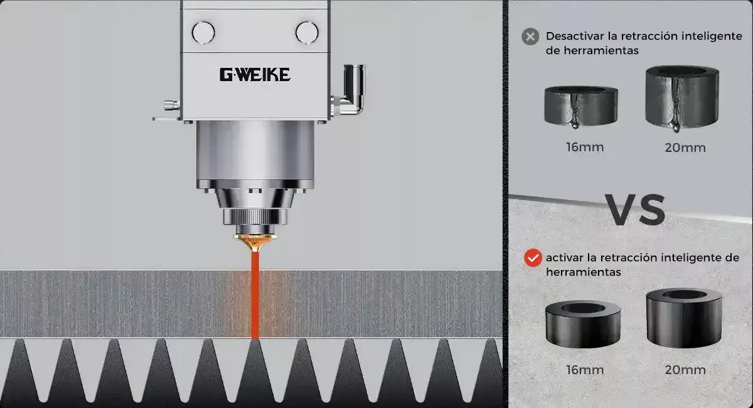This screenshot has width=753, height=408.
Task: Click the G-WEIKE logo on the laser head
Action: [255, 75]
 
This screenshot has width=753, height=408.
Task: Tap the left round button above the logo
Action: [203, 33]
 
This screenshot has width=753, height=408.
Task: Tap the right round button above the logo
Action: [307, 33]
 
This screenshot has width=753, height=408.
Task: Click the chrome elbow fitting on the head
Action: [350, 91]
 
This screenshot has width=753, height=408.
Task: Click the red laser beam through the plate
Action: [255, 295]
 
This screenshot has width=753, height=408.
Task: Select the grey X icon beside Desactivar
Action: [530, 36]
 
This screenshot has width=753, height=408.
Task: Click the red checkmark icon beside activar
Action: [533, 257]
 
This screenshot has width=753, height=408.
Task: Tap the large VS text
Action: [635, 210]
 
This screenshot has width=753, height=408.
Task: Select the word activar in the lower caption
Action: [565, 257]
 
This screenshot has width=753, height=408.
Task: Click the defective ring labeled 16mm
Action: [581, 106]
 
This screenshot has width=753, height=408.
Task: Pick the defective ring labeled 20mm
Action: [682, 97]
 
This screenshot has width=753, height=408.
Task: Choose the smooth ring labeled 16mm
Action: [583, 324]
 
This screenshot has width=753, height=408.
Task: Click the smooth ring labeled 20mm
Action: [684, 318]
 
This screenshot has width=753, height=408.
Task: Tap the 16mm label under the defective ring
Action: [585, 148]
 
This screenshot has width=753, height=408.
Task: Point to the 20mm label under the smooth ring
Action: [685, 370]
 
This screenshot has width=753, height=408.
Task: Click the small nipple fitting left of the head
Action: [172, 105]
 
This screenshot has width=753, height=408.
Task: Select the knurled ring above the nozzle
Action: [255, 216]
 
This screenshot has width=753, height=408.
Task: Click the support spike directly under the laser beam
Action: [255, 370]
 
